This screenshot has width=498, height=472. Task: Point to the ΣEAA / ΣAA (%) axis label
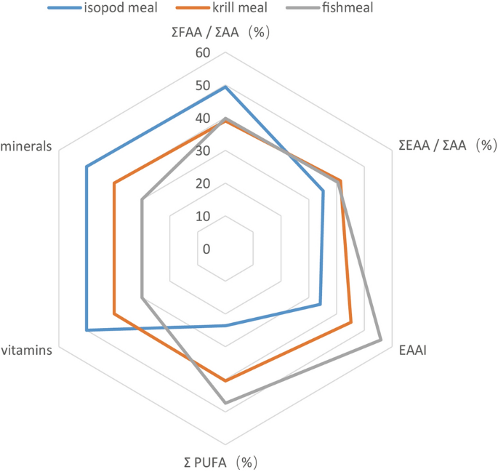pyautogui.click(x=446, y=145)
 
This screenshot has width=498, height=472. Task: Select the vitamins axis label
pyautogui.click(x=27, y=351)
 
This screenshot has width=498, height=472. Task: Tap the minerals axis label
pyautogui.click(x=27, y=145)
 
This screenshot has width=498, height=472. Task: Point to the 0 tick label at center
pyautogui.click(x=206, y=249)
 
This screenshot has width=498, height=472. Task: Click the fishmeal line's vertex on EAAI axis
pyautogui.click(x=381, y=340)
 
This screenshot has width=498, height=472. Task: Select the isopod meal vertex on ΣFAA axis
pyautogui.click(x=225, y=87)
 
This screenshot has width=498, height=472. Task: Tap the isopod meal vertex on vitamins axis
pyautogui.click(x=87, y=330)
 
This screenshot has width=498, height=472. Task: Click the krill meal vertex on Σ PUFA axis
pyautogui.click(x=225, y=380)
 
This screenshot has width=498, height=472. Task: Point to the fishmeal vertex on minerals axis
pyautogui.click(x=142, y=200)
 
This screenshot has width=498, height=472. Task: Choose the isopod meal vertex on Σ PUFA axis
pyautogui.click(x=225, y=326)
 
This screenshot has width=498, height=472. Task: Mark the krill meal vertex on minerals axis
pyautogui.click(x=114, y=183)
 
